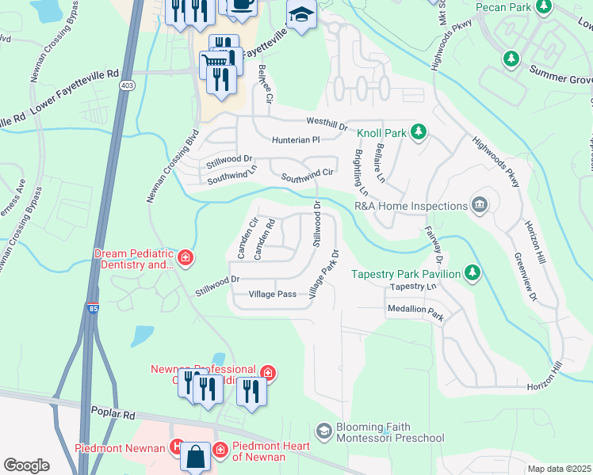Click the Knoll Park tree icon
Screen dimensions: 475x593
point(421,132)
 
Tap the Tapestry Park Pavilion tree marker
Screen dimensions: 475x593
point(472,273)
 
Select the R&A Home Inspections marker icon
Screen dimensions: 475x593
point(479,206)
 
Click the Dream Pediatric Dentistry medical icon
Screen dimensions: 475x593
point(185,258)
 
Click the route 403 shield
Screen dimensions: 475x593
point(126,84)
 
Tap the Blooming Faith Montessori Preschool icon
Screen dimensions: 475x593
point(323,431)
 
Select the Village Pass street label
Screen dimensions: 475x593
point(272,294)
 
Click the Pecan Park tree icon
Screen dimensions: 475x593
point(544,7)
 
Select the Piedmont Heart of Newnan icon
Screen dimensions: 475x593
point(220,450)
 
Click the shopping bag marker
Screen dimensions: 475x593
point(195,456)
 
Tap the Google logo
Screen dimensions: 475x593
point(26,465)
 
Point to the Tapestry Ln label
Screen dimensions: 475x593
point(414,287)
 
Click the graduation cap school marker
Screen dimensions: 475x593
point(301,16)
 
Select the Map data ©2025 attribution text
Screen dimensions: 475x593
point(559,469)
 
